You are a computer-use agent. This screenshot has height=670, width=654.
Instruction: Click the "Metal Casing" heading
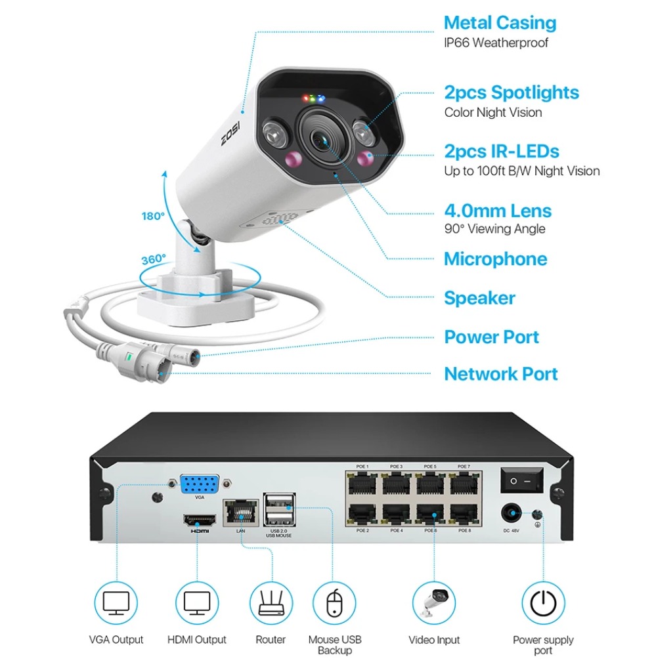click(500, 23)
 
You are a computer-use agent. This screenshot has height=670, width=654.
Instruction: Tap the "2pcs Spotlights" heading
click(512, 93)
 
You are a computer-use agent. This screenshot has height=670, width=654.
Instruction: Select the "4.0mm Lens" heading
click(498, 211)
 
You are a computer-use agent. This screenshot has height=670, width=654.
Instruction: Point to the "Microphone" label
click(495, 259)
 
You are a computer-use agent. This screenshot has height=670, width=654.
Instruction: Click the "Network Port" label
click(500, 374)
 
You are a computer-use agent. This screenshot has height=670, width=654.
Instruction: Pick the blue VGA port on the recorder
click(200, 484)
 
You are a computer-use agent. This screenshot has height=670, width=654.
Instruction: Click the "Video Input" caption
click(434, 640)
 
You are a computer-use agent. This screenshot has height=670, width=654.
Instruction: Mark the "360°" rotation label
click(154, 259)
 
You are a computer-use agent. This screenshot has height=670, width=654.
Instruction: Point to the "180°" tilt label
click(153, 216)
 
